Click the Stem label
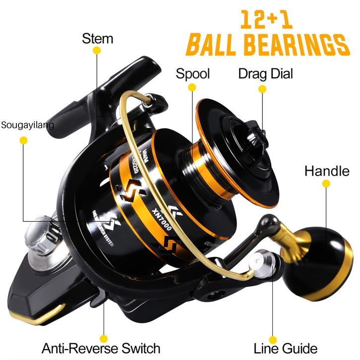click(98, 39)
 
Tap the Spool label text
click(193, 74)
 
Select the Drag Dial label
click(266, 74)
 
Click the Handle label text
click(327, 172)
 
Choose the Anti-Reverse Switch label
click(101, 348)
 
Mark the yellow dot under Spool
click(192, 88)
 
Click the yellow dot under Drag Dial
click(263, 89)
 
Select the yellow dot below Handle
click(326, 183)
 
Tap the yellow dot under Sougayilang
click(23, 140)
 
